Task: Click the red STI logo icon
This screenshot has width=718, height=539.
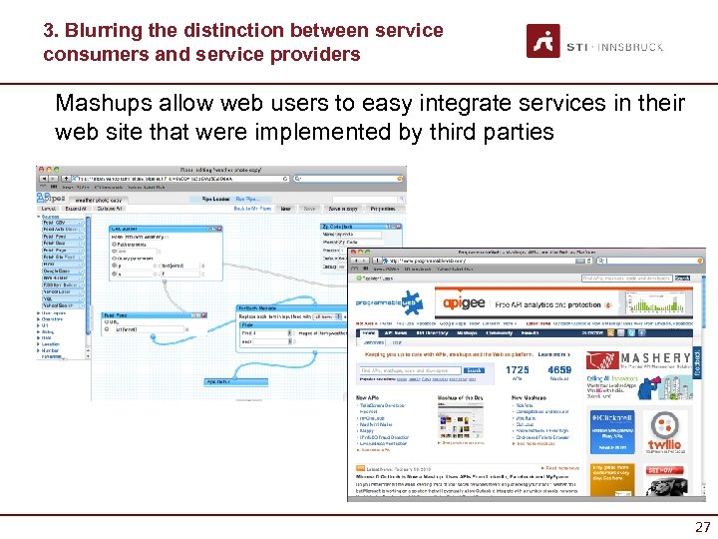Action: [x=543, y=41]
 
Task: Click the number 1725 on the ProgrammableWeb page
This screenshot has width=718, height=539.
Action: [x=518, y=370]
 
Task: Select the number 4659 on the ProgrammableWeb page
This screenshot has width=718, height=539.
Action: [x=559, y=370]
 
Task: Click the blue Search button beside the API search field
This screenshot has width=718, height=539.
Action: [x=475, y=370]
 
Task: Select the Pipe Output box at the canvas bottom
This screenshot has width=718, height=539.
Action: [x=219, y=381]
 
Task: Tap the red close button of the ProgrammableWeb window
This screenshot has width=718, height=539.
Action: [x=353, y=256]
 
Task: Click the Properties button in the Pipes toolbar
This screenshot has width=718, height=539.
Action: [x=382, y=208]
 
